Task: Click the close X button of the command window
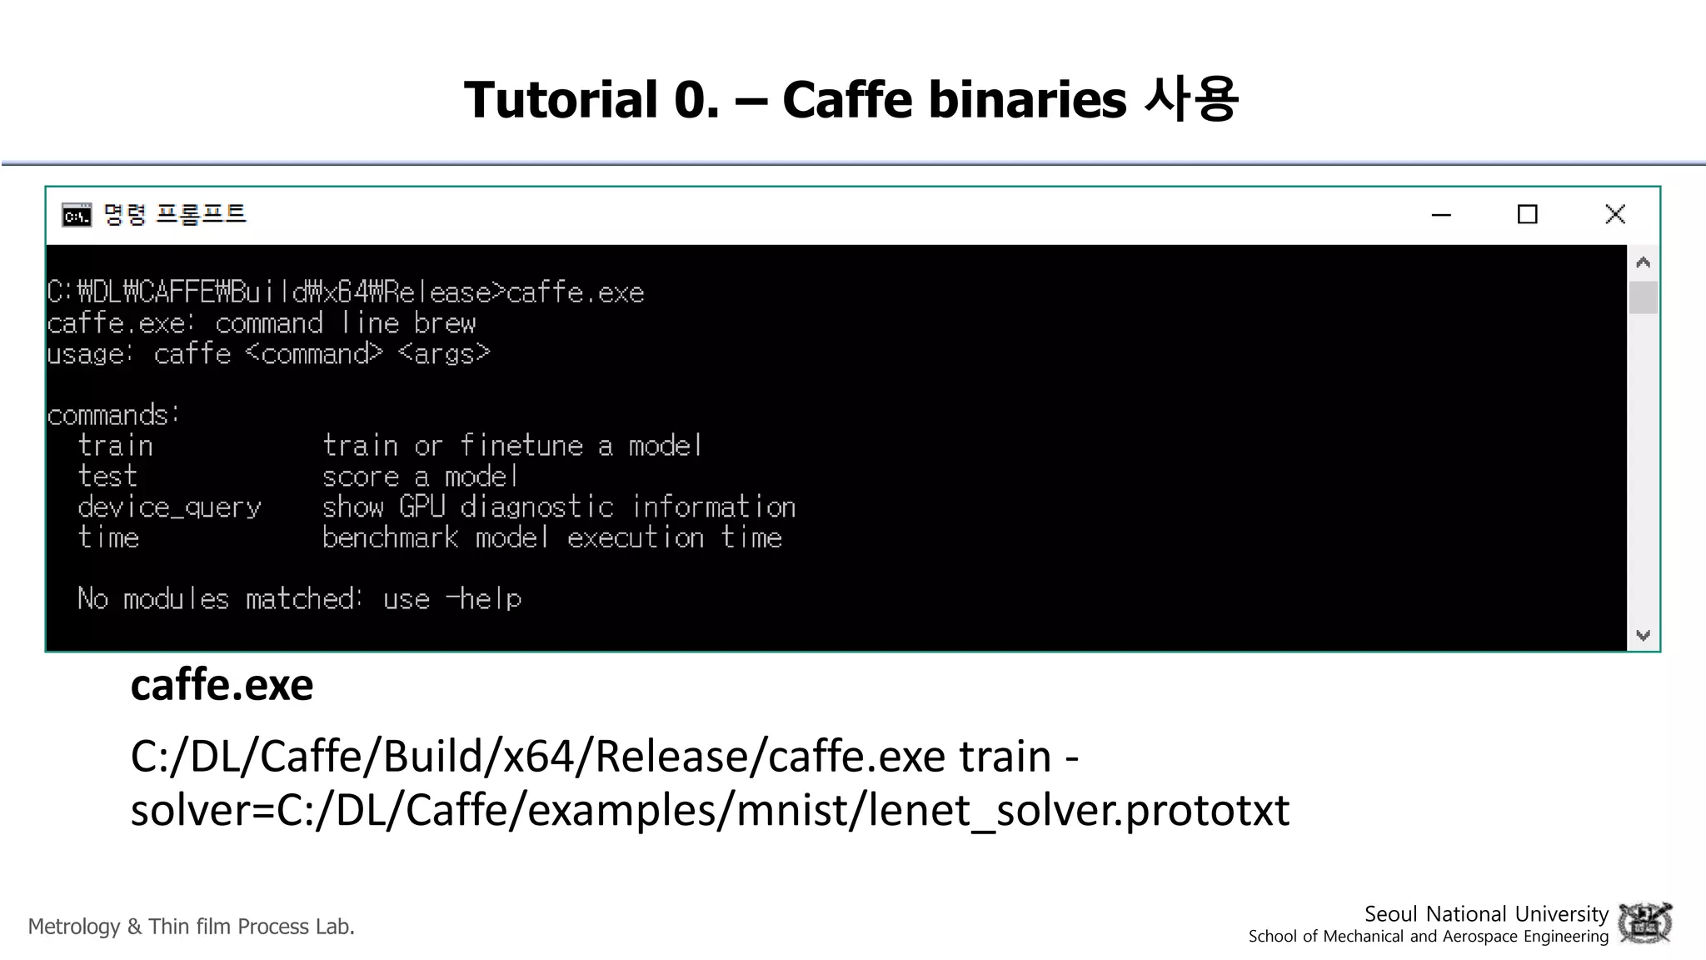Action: point(1614,214)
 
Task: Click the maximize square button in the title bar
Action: point(1527,214)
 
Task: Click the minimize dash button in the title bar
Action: point(1441,215)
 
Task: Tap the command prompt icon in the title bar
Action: point(77,216)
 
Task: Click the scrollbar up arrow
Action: point(1643,262)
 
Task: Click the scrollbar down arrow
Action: point(1643,635)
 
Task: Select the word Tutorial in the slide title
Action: point(561,99)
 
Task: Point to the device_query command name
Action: point(169,507)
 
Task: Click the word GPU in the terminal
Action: point(422,507)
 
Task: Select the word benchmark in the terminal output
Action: point(390,537)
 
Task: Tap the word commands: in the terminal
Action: point(113,415)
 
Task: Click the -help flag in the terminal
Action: point(484,598)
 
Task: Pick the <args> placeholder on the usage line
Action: point(444,354)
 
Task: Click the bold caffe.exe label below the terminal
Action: point(222,685)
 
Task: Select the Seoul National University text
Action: point(1485,913)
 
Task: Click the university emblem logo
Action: point(1644,923)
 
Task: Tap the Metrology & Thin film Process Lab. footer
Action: point(192,927)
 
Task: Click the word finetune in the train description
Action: point(521,446)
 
